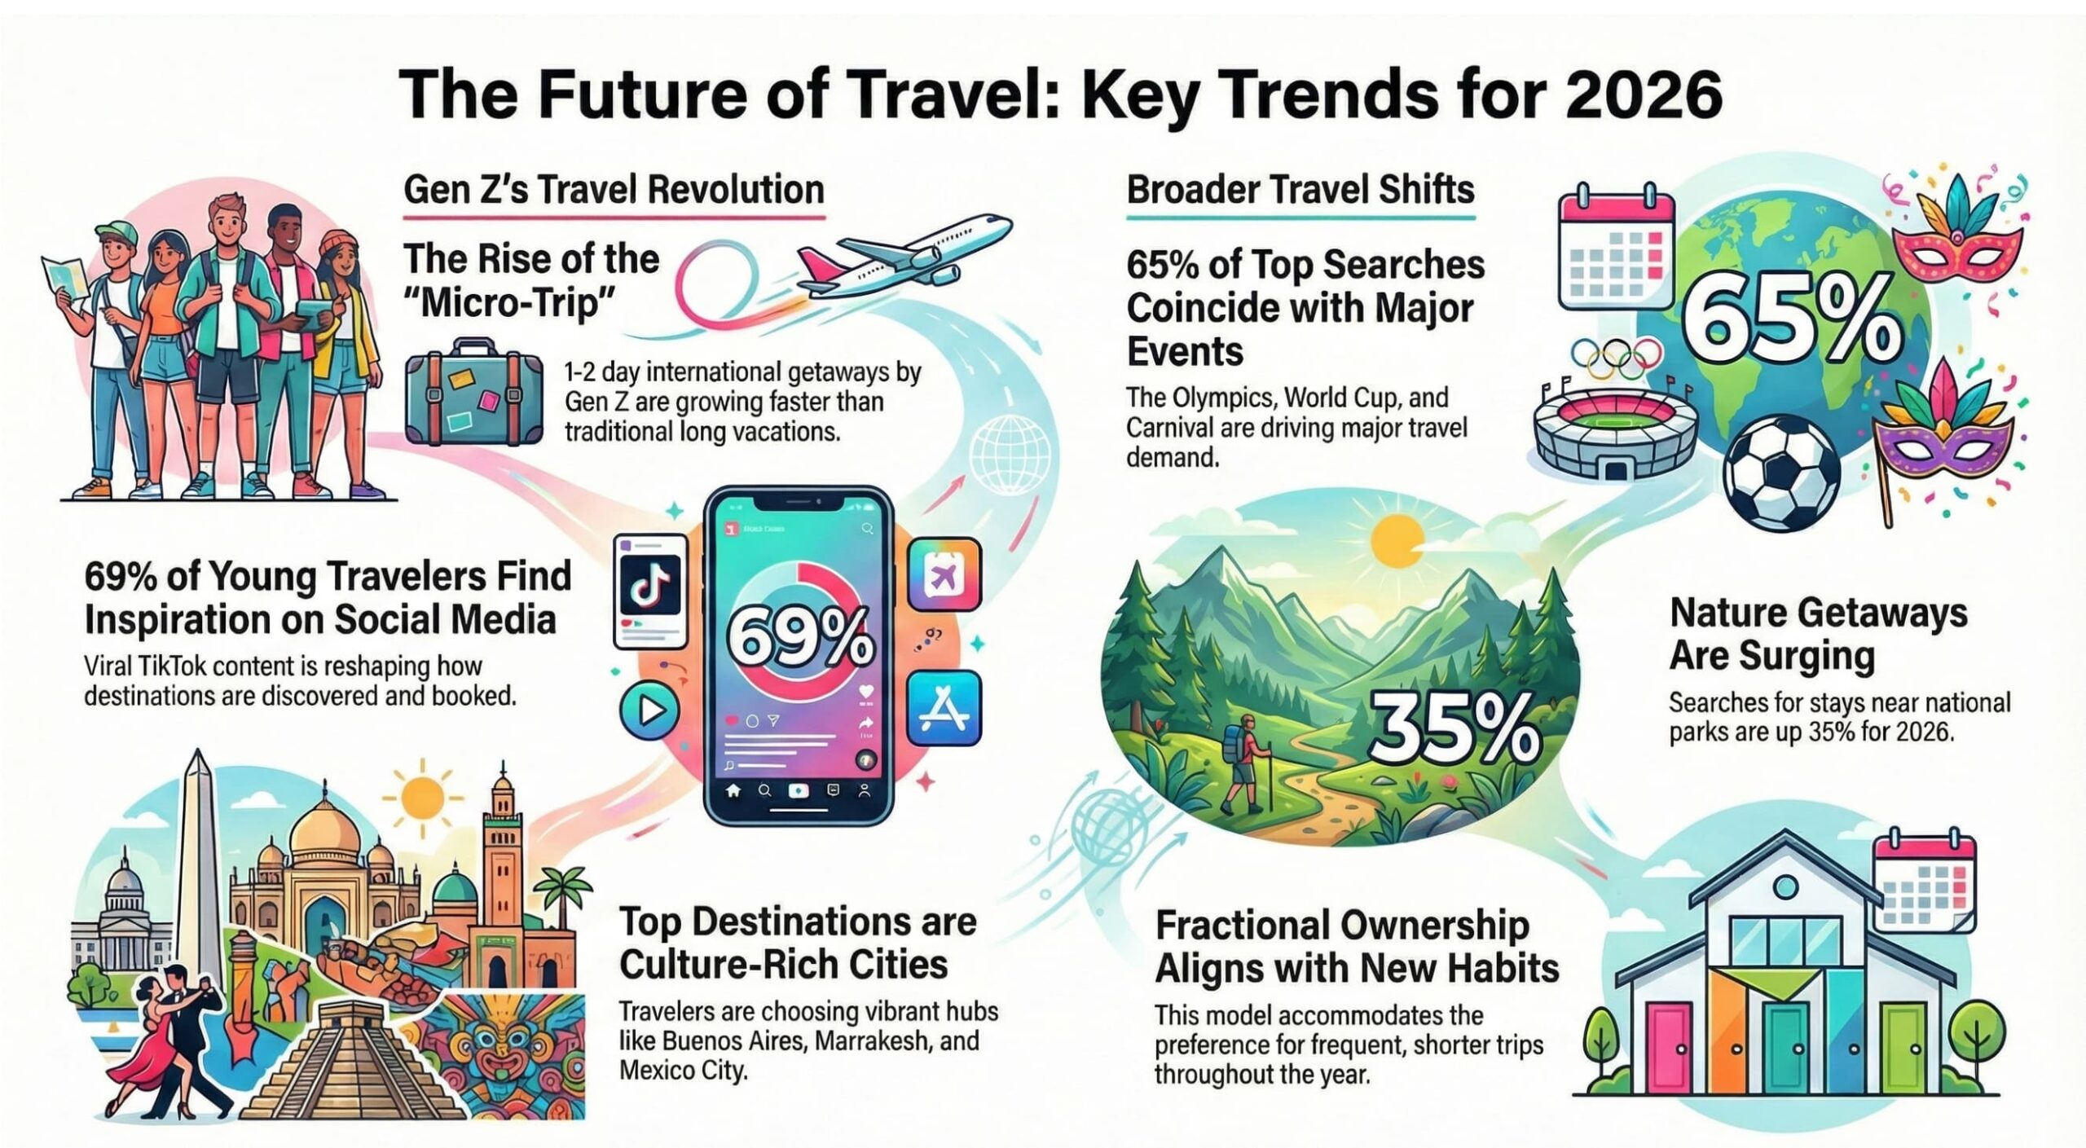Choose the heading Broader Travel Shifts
coord(1300,190)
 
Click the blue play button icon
coord(649,710)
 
